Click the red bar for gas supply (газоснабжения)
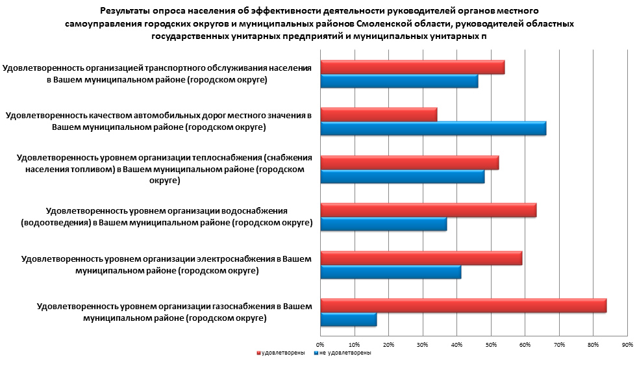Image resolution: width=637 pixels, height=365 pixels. [x=464, y=305]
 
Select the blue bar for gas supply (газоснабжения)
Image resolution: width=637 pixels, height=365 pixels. [x=349, y=320]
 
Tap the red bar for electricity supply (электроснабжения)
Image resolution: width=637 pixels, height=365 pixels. [x=421, y=258]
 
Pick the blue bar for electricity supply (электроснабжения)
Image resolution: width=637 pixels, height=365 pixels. [x=391, y=272]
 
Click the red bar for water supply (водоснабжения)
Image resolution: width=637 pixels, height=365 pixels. [x=429, y=210]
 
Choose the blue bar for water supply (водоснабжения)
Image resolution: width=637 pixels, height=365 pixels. [x=384, y=224]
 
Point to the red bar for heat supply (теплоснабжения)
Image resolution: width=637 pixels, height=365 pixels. [x=410, y=162]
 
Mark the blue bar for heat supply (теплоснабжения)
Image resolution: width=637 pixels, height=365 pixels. [x=403, y=177]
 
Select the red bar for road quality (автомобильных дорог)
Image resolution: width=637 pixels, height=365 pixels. [x=379, y=115]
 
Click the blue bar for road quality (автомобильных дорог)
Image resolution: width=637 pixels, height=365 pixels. [x=433, y=129]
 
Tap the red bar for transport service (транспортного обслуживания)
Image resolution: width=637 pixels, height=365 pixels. [x=412, y=67]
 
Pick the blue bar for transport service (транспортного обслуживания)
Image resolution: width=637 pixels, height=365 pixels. [x=399, y=81]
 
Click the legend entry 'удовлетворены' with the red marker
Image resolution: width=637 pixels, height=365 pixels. [x=281, y=353]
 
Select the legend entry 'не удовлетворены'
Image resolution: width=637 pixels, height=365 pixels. [x=342, y=353]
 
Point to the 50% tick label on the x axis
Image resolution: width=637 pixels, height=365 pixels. [x=491, y=344]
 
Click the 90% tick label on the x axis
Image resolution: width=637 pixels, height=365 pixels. [x=627, y=344]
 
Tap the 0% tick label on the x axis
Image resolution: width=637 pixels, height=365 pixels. [x=320, y=344]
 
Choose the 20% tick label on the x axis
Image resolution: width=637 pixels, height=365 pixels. [x=388, y=344]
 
